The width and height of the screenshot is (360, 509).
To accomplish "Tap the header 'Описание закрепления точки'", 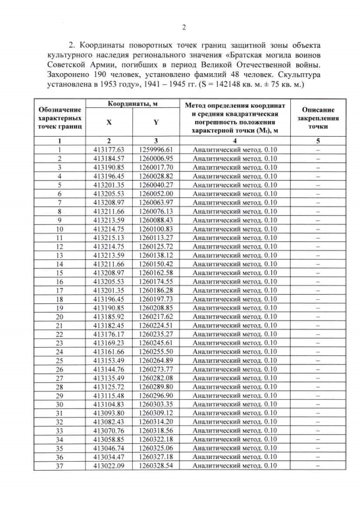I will pos(318,119).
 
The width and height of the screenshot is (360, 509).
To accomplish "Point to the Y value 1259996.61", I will pos(155,149).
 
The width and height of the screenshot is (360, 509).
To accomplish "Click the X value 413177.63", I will pos(108,149).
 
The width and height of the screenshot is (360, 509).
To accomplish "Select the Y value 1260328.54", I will pos(155,465).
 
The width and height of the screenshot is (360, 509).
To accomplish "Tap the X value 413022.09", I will pos(108,465).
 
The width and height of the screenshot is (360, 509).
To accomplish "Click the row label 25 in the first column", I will pos(58,360).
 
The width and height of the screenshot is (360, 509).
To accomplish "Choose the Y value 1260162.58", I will pos(155,272).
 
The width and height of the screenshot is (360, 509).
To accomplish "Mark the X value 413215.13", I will pos(108,237).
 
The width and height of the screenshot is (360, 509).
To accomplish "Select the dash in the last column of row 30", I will pos(318,404).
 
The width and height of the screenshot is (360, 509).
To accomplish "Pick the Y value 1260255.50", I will pos(155,352).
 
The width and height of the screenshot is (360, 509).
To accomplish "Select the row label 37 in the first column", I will pos(58,465).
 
